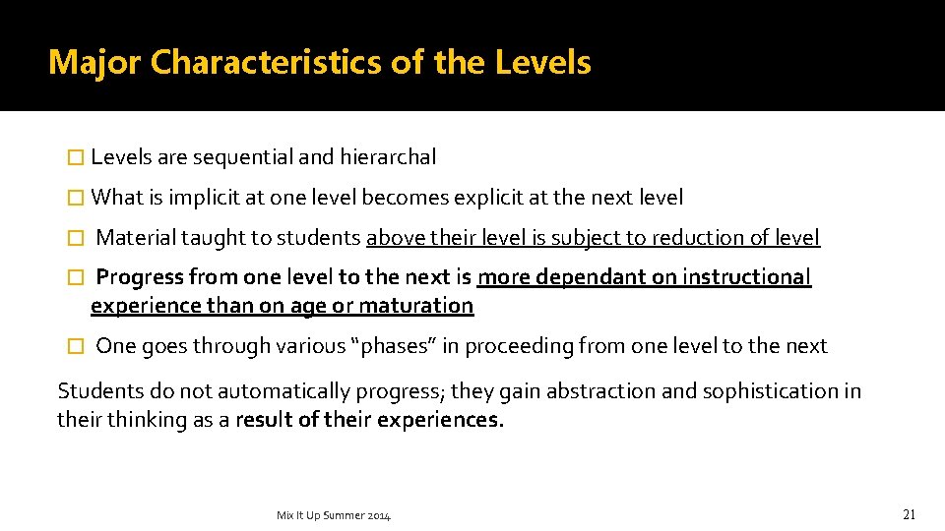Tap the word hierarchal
click(x=388, y=157)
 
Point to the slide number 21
click(x=909, y=514)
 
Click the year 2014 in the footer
click(x=377, y=515)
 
